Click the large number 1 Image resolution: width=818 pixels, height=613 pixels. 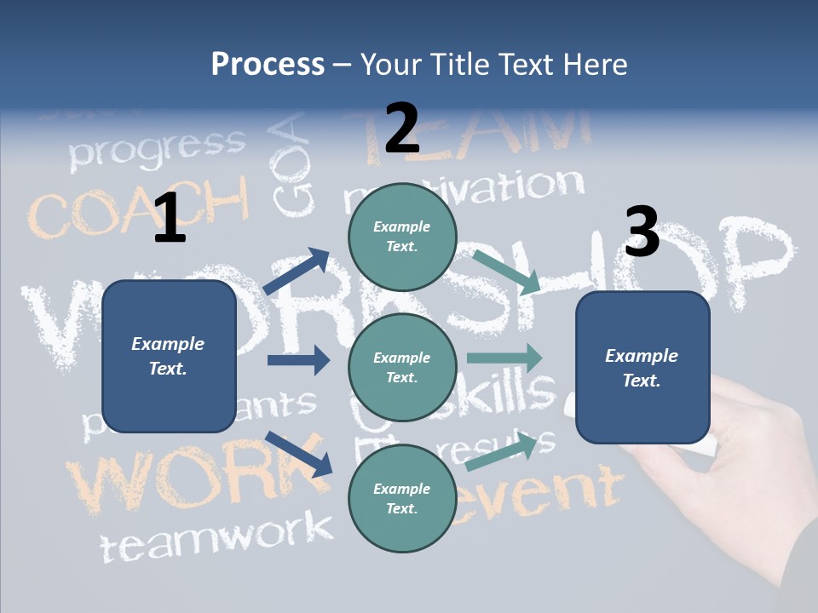(170, 218)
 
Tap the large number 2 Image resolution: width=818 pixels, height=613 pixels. (402, 128)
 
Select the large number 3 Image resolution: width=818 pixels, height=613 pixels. (642, 232)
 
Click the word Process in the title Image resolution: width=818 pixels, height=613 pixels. (268, 64)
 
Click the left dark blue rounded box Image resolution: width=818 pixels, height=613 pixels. (169, 356)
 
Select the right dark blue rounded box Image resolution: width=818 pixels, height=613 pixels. (642, 367)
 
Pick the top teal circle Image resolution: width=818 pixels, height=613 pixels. (402, 237)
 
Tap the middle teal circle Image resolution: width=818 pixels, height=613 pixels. (402, 367)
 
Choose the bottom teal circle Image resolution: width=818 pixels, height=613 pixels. (402, 498)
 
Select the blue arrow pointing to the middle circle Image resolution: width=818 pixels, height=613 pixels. (298, 360)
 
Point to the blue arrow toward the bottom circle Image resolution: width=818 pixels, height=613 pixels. (298, 453)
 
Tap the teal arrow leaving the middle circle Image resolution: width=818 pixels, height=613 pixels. (504, 358)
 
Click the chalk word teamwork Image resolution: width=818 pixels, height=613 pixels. (217, 536)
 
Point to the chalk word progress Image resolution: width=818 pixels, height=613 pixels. (157, 148)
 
